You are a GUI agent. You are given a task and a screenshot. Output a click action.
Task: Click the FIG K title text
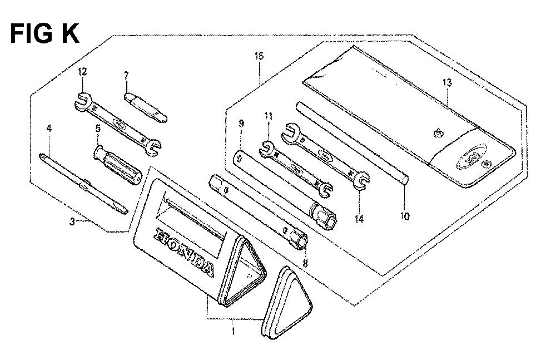coord(44,34)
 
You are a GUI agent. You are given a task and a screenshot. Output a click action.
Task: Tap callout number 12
coord(82,72)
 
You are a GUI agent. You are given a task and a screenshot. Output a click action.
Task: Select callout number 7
coord(126,75)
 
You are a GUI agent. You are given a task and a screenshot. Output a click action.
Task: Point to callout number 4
coord(49,128)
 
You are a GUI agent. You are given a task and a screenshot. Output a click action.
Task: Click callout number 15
coord(259,56)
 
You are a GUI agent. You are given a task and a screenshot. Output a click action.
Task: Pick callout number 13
coord(447,83)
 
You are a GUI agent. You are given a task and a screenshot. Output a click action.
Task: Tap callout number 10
coord(405,216)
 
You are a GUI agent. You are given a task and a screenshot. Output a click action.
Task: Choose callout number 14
coord(359,219)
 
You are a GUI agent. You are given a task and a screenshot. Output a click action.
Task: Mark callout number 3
coord(72,222)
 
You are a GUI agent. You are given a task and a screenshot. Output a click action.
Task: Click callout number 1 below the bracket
coord(233,332)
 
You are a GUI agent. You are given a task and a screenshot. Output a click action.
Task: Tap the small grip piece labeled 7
coord(146,107)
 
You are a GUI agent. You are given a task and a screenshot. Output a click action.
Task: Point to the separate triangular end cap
coord(287,302)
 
